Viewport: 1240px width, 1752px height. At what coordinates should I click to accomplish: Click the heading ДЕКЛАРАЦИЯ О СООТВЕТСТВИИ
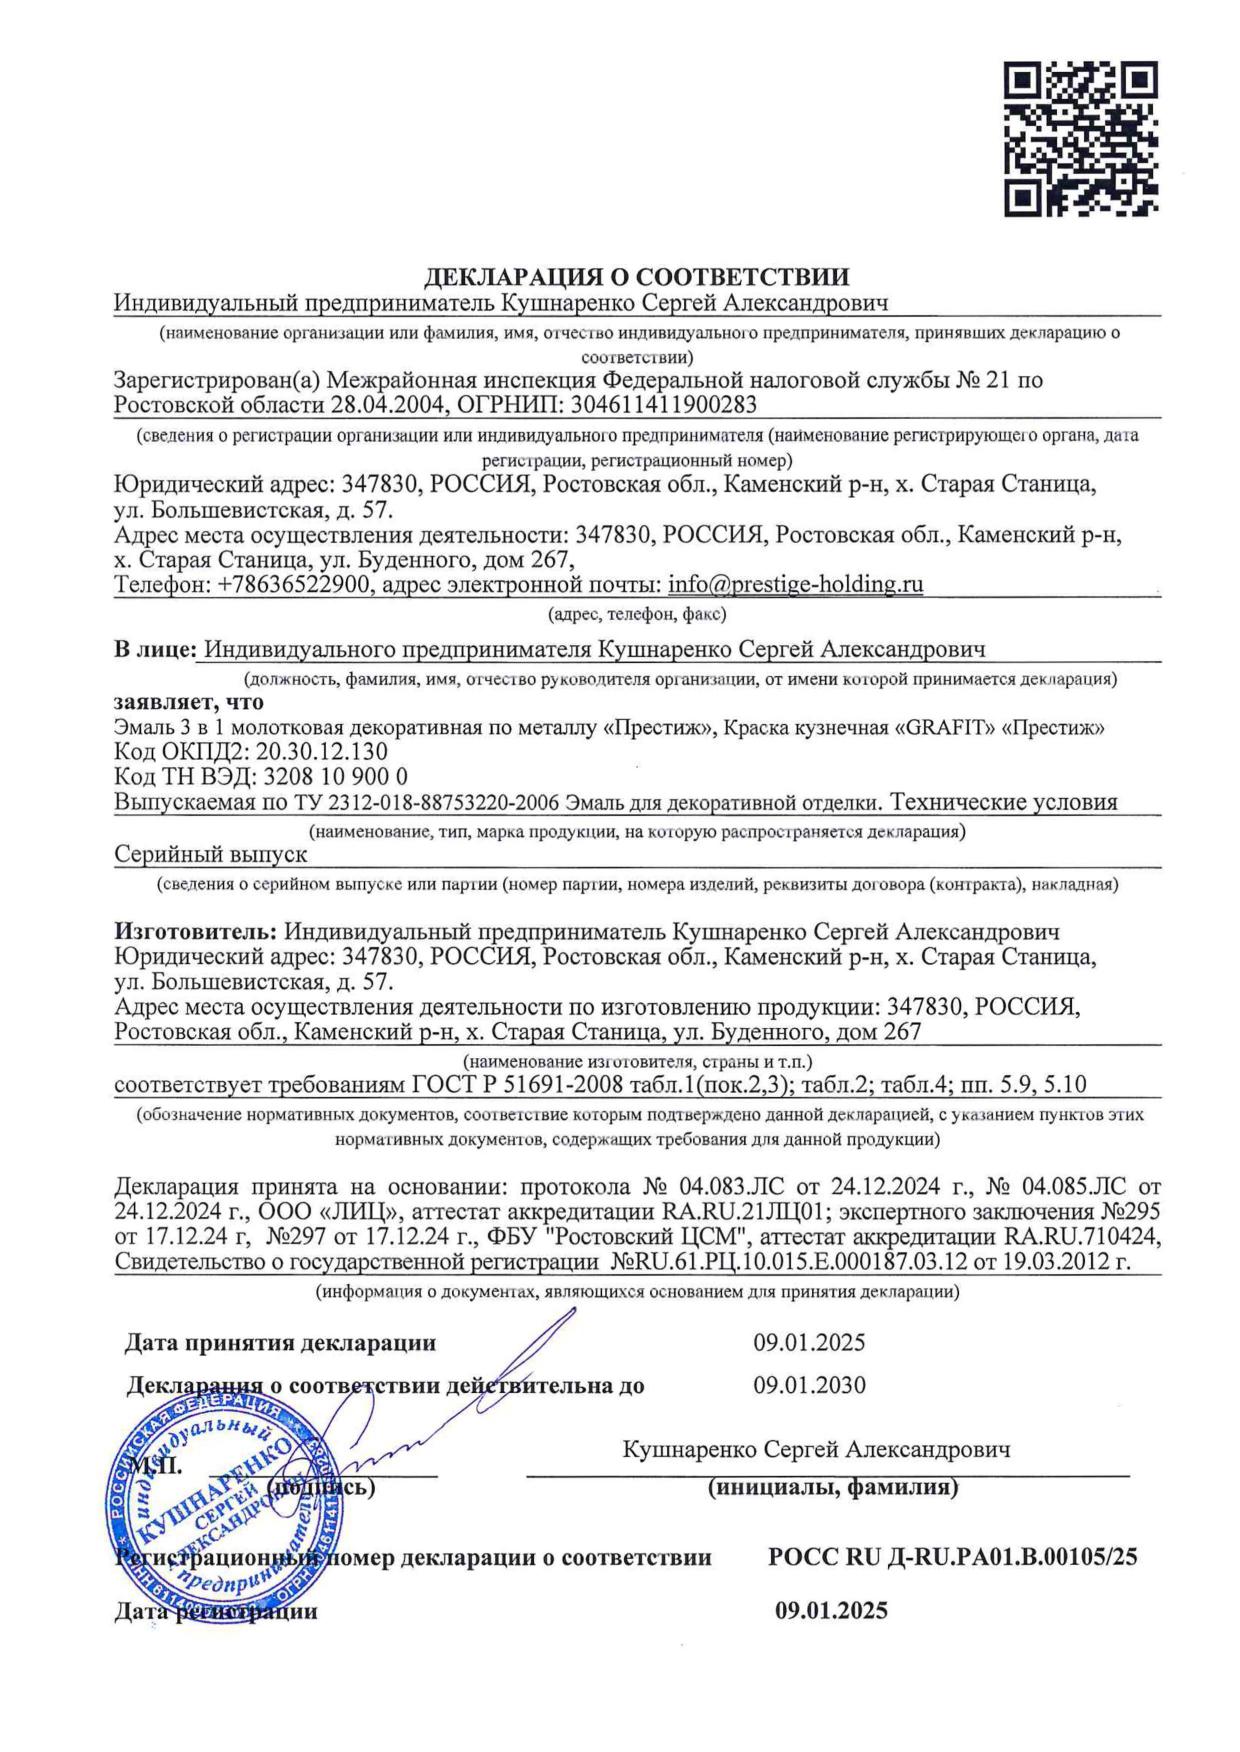638,277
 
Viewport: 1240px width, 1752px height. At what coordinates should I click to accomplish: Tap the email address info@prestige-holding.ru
795,584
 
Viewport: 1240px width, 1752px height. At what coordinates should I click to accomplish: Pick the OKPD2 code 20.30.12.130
322,752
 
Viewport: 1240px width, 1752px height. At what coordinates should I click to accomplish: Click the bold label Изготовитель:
196,932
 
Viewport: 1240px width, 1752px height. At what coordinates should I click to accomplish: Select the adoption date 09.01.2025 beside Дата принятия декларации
809,1342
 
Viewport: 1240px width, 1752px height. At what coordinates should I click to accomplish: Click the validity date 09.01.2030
809,1386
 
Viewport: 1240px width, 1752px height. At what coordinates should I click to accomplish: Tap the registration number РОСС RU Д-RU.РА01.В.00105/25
952,1557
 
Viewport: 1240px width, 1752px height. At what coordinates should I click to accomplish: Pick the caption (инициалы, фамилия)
832,1487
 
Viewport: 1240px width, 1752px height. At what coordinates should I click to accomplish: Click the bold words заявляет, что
189,702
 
